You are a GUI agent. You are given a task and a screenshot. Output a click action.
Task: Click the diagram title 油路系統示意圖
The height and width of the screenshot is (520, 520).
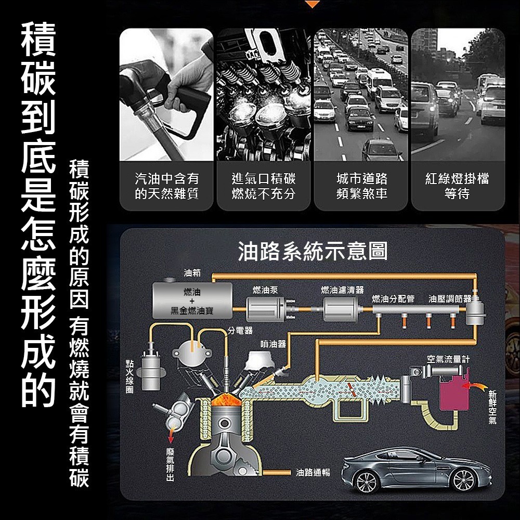[313, 251]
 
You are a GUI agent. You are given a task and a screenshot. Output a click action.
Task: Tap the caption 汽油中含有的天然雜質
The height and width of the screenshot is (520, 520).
[167, 186]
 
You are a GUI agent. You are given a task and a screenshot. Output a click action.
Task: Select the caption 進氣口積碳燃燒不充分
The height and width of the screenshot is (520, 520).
[264, 186]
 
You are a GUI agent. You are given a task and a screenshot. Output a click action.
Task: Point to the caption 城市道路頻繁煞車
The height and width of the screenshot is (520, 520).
[361, 186]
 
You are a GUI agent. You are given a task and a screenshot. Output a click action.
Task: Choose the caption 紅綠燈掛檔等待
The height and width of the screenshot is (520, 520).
[457, 186]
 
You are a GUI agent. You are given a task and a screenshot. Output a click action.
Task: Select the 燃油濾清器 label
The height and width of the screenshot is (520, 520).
[342, 289]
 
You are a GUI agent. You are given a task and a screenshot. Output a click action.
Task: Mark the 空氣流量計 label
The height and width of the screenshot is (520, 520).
[448, 359]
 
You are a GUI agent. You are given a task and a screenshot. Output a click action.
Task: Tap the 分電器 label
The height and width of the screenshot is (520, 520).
[240, 330]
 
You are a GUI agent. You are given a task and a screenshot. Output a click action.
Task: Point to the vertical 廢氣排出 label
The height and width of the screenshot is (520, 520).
[170, 463]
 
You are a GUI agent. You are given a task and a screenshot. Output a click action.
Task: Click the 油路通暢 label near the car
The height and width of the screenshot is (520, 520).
[313, 472]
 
